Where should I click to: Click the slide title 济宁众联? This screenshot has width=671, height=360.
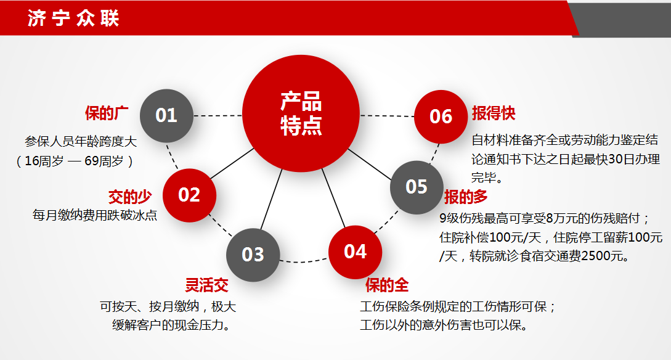73,18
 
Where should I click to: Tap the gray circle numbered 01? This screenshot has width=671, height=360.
166,115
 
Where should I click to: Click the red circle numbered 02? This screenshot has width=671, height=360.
189,195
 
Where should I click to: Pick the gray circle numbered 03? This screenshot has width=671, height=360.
253,254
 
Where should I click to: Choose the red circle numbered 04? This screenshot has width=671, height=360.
355,252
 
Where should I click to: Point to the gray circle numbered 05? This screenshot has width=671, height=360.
417,187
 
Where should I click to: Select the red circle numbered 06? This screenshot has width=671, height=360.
441,116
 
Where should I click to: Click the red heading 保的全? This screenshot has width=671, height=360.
387,285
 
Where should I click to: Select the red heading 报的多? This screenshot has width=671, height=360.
466,197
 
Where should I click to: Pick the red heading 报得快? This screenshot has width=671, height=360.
494,113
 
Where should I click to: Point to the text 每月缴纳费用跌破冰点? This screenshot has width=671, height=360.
95,215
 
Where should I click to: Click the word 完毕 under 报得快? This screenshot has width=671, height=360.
485,179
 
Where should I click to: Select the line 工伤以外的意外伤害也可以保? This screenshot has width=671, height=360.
444,325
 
